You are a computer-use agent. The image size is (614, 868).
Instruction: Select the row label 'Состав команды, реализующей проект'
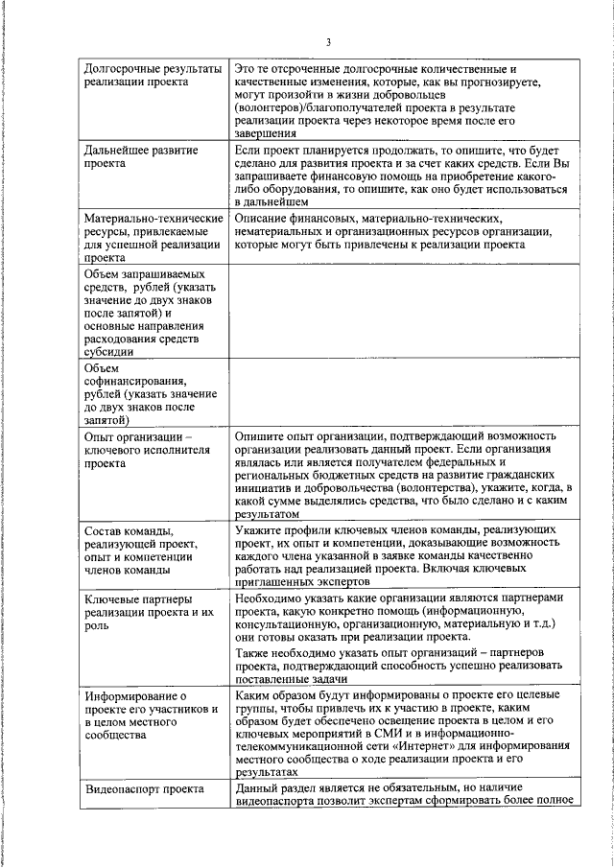coord(140,551)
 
